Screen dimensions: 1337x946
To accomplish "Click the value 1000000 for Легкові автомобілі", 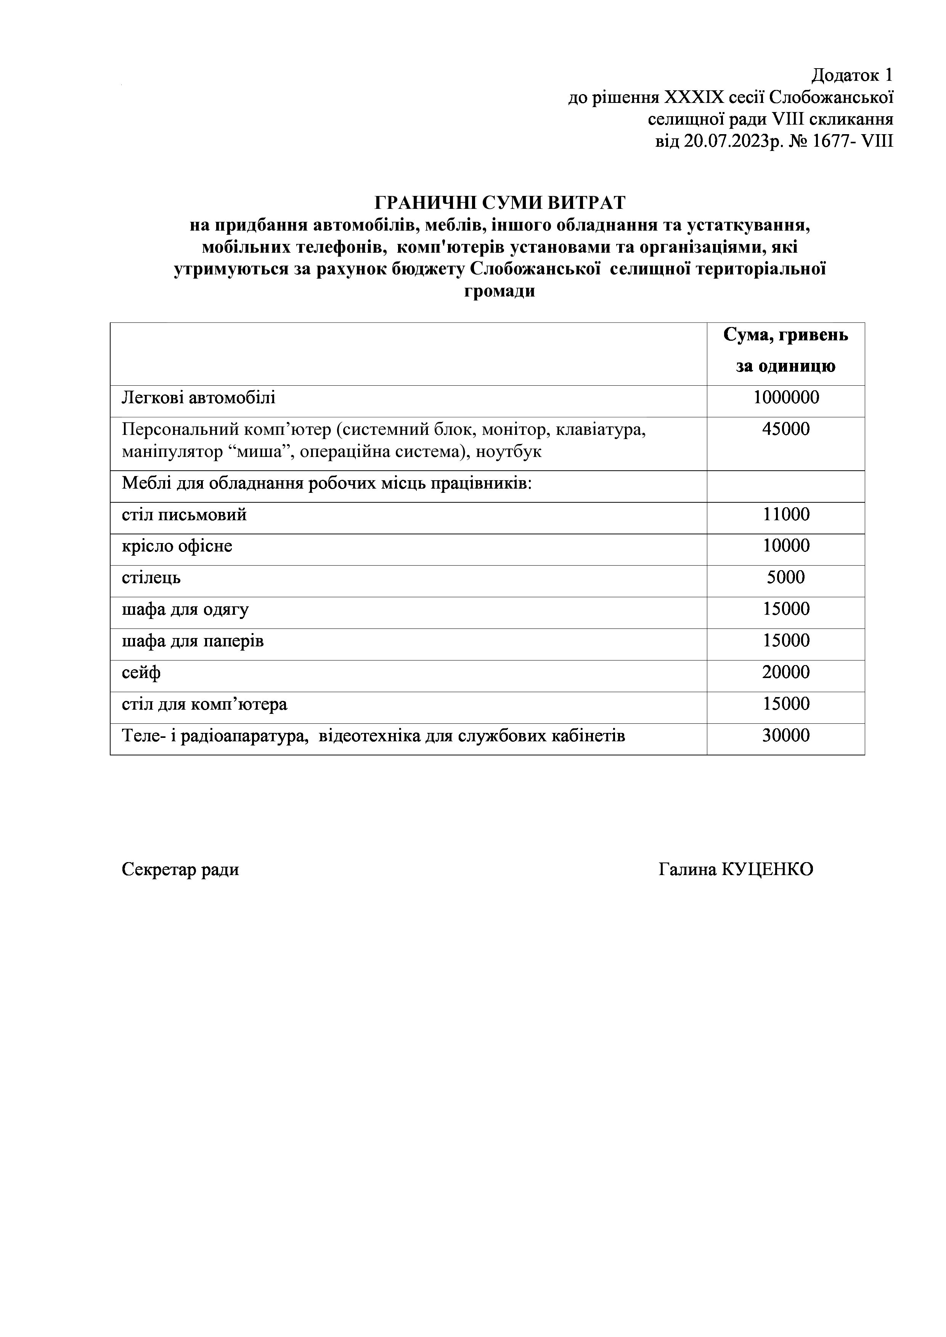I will [786, 398].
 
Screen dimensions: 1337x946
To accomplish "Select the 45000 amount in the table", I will [786, 429].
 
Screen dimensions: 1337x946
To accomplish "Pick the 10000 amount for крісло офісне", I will [786, 546].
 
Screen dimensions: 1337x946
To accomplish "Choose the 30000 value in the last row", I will [786, 736].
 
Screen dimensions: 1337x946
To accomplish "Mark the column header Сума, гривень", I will [786, 335].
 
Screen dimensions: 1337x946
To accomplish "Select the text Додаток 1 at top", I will [852, 75].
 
